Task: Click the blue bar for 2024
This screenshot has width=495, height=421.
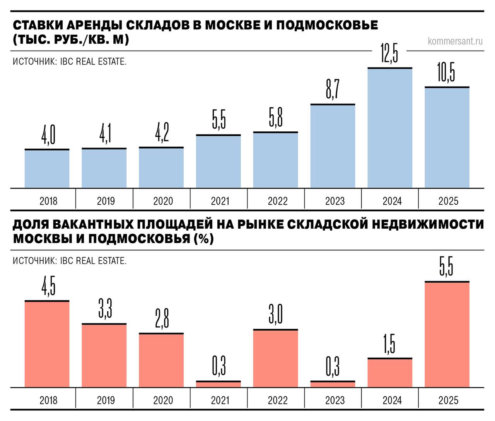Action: pos(390,128)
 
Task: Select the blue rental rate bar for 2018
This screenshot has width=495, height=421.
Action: pos(47,169)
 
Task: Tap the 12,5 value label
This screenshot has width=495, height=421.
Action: pos(389,53)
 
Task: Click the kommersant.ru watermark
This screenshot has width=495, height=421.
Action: pos(455,41)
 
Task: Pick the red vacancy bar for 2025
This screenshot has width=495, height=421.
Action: pos(447,334)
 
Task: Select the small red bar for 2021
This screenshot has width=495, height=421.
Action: pos(218,384)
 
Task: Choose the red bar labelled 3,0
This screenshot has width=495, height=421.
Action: pos(276,358)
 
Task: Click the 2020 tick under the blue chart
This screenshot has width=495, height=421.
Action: pos(163,201)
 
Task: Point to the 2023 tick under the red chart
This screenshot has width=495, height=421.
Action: pos(335,401)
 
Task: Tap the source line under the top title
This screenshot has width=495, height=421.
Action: pos(70,61)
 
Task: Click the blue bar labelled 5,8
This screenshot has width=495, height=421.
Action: pos(276,160)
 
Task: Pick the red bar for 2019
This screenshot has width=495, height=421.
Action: pos(104,355)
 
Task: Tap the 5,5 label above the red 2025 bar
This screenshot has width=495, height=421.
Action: pos(446,266)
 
